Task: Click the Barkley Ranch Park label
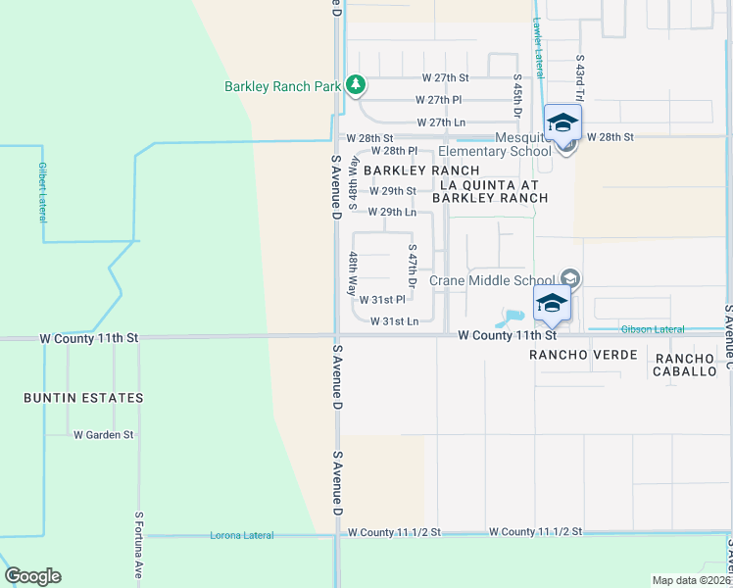[x=282, y=86]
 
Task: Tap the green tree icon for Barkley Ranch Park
[x=356, y=86]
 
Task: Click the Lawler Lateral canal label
[x=537, y=47]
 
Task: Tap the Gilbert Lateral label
[x=42, y=192]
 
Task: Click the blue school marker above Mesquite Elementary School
[x=562, y=124]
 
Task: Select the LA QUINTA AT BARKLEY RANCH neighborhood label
[x=494, y=191]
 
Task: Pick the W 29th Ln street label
[x=392, y=212]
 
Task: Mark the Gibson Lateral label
[x=651, y=328]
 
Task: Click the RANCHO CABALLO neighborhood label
[x=686, y=366]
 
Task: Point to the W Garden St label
[x=103, y=434]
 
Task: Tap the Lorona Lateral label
[x=241, y=535]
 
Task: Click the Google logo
[x=32, y=576]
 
